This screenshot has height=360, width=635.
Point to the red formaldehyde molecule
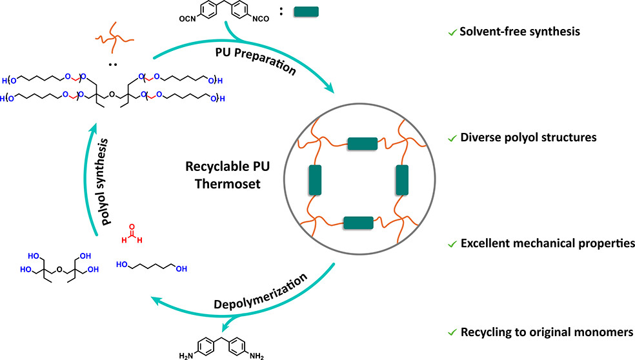pyautogui.click(x=131, y=240)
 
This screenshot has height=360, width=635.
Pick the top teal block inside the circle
pyautogui.click(x=361, y=141)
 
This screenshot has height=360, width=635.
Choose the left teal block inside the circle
pyautogui.click(x=315, y=182)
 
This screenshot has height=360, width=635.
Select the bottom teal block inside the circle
pyautogui.click(x=359, y=223)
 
